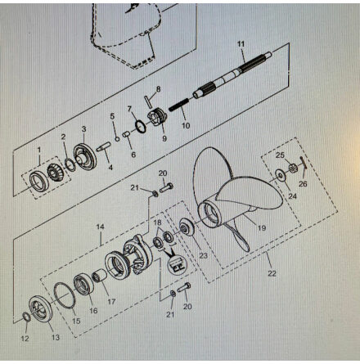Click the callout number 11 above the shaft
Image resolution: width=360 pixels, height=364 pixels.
coord(241,44)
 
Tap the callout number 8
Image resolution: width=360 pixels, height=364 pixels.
coord(158,89)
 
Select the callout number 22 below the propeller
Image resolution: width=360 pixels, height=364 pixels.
coord(272,273)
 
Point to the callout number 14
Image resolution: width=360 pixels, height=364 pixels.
coord(101,227)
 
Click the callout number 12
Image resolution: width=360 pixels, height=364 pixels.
coord(25,339)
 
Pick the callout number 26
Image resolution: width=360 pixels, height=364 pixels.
coord(303,184)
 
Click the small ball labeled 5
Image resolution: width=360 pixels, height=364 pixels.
coord(117,139)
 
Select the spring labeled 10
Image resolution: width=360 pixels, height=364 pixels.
coord(178,105)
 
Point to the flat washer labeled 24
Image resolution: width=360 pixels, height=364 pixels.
coord(280,176)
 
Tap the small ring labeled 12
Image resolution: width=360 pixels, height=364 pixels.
coord(26,317)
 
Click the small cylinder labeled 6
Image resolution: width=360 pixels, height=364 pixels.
coord(127,134)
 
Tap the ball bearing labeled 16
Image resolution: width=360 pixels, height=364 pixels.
coord(84,285)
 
